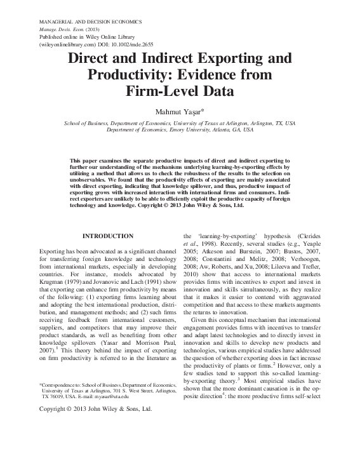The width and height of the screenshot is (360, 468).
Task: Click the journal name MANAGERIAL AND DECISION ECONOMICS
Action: point(90,22)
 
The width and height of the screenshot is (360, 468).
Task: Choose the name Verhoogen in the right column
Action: point(324,260)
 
